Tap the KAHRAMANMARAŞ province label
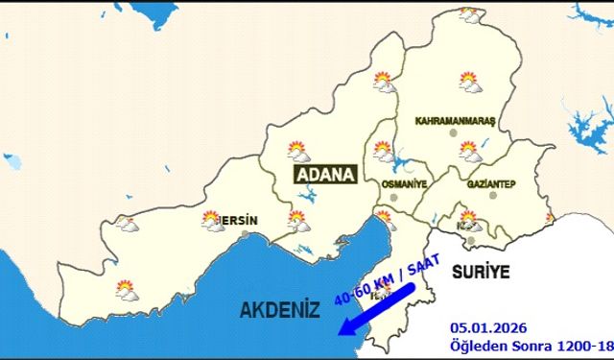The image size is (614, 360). [x=454, y=122]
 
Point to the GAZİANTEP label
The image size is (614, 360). [x=491, y=182]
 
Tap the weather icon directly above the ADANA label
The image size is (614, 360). [x=297, y=151]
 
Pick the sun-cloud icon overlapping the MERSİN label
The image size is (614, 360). [x=213, y=222]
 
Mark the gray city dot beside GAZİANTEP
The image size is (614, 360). [x=493, y=195]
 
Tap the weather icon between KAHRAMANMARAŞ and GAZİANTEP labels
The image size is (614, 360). [x=468, y=150]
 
